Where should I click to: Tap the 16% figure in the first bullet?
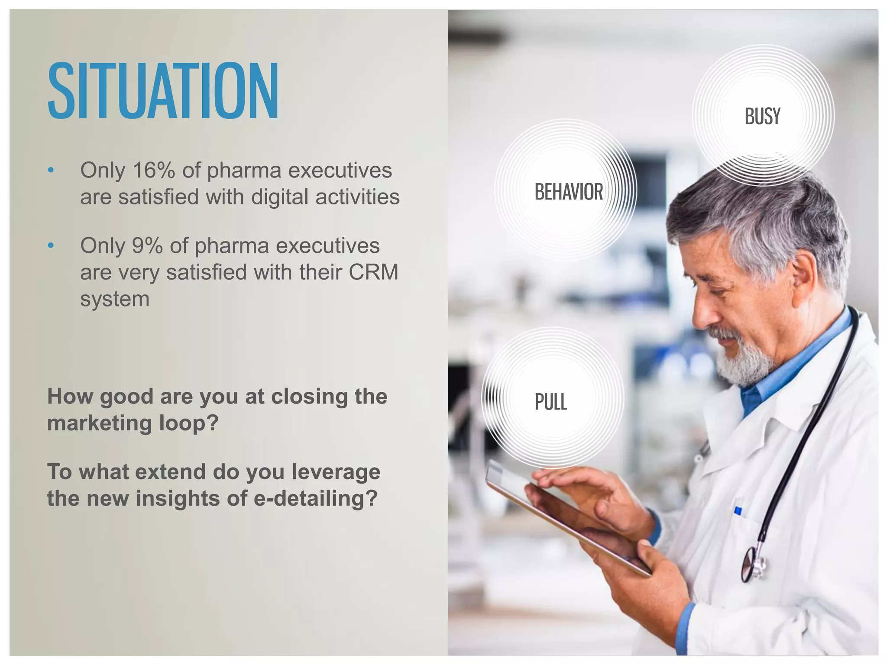pyautogui.click(x=153, y=170)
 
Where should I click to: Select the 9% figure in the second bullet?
pyautogui.click(x=147, y=245)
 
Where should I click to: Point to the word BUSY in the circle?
pyautogui.click(x=762, y=116)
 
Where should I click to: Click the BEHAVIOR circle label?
pyautogui.click(x=568, y=192)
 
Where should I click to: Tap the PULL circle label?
pyautogui.click(x=550, y=402)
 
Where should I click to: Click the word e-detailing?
pyautogui.click(x=315, y=498)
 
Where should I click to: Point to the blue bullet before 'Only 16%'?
pyautogui.click(x=51, y=170)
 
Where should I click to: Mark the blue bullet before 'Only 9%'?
pyautogui.click(x=51, y=245)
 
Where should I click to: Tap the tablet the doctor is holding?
pyautogui.click(x=563, y=520)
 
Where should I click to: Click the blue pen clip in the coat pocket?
pyautogui.click(x=738, y=511)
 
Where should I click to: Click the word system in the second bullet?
pyautogui.click(x=115, y=299)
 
